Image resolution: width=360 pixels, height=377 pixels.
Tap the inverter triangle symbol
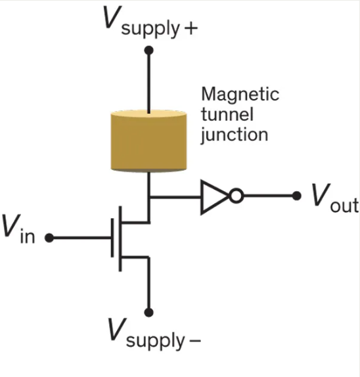point(214,196)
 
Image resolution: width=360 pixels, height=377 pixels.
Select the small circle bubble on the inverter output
point(236,196)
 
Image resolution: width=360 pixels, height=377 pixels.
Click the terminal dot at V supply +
point(149,50)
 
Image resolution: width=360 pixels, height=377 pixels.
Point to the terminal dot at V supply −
point(149,312)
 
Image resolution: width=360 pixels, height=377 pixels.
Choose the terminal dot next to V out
point(296,196)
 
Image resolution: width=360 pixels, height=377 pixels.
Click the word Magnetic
point(240,95)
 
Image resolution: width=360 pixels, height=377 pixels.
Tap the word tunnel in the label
point(223,114)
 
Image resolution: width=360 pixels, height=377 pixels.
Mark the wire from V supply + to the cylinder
point(149,79)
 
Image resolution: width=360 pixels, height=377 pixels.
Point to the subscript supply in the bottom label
point(154,342)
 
